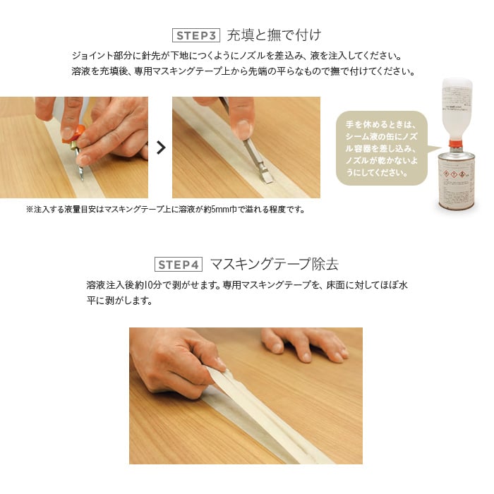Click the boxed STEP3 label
click(x=196, y=35)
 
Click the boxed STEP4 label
click(x=179, y=265)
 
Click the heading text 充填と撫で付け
click(x=274, y=35)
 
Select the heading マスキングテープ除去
click(x=274, y=264)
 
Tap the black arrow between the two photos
click(x=161, y=147)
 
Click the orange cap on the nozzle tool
click(x=73, y=135)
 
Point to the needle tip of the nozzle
click(x=83, y=179)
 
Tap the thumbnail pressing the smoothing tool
click(x=243, y=129)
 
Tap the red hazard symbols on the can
click(x=454, y=174)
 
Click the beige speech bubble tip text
click(x=382, y=148)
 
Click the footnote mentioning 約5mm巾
click(x=166, y=209)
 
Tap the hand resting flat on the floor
click(x=304, y=344)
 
